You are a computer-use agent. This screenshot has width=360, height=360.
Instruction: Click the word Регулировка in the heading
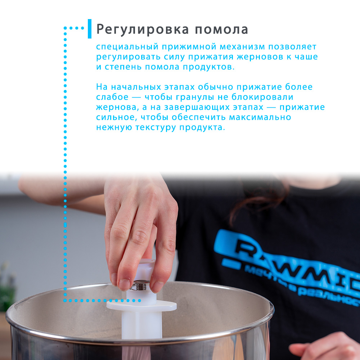tap(143, 30)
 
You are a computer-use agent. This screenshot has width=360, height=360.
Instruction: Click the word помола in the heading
tap(221, 30)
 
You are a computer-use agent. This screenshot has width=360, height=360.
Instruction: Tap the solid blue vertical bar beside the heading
tap(90, 29)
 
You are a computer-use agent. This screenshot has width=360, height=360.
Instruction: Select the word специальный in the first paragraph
tap(127, 47)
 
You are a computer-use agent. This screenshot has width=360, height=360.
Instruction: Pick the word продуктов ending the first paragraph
tap(209, 67)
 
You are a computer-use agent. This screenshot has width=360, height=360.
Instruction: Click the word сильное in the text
tap(117, 117)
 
